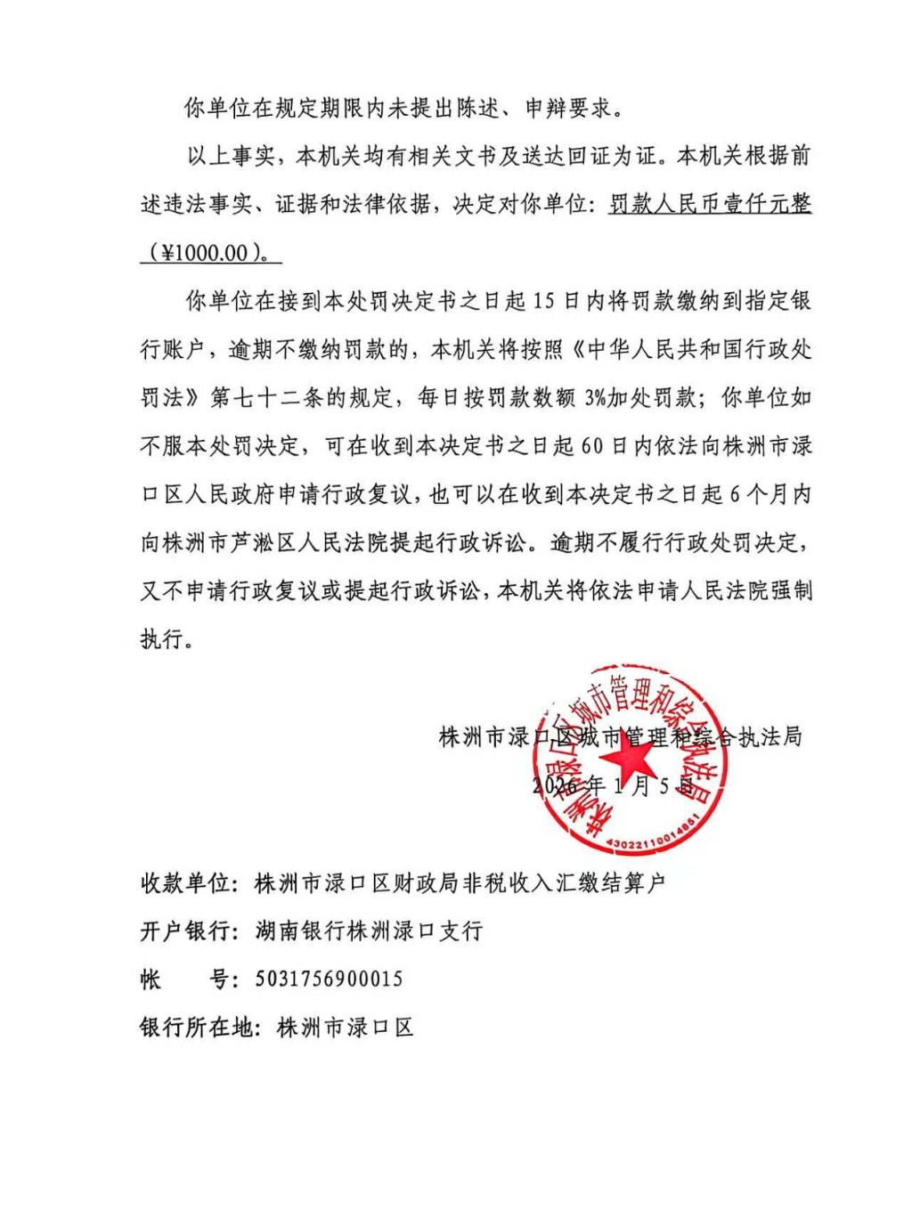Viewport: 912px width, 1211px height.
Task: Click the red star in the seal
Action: click(630, 759)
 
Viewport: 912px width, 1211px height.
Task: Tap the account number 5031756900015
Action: click(329, 979)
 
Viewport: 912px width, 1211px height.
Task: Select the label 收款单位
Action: click(185, 882)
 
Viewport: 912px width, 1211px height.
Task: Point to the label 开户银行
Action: click(185, 931)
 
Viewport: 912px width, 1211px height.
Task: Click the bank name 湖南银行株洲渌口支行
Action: click(369, 931)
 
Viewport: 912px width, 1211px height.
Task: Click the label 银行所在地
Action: click(196, 1027)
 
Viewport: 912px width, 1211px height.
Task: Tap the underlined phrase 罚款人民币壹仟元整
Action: click(710, 204)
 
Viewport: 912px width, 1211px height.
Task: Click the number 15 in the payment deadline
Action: click(543, 301)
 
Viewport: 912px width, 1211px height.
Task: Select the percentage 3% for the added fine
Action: click(595, 397)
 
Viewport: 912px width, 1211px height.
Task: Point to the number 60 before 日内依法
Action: click(592, 445)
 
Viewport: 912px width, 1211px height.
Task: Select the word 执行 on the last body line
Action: click(163, 638)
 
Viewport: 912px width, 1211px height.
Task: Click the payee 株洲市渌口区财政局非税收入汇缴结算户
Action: click(460, 882)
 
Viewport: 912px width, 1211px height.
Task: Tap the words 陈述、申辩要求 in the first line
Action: click(533, 108)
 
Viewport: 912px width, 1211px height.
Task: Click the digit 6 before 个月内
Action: click(735, 493)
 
